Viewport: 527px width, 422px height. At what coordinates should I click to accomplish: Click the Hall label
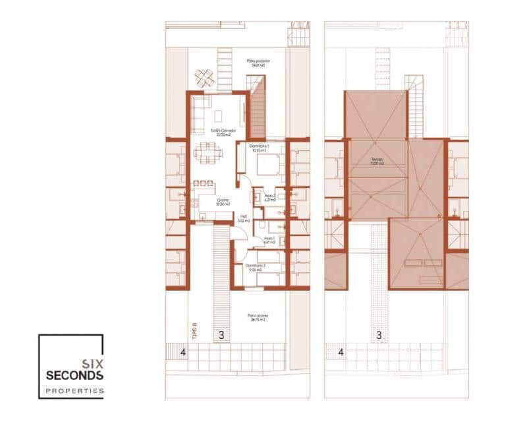click(x=243, y=217)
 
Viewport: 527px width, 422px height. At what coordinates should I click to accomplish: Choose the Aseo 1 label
click(x=268, y=240)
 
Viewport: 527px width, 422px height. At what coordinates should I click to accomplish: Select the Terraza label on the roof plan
click(x=377, y=162)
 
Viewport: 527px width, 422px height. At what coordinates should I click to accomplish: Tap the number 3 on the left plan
click(x=221, y=335)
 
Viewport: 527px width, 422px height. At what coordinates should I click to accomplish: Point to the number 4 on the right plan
click(x=341, y=353)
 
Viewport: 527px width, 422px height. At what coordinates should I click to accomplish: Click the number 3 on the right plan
click(x=379, y=335)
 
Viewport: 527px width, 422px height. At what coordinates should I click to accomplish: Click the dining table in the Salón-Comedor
click(x=208, y=154)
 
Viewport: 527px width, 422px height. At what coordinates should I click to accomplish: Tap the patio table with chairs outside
click(x=204, y=78)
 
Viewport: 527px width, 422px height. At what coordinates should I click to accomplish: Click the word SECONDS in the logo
click(x=74, y=375)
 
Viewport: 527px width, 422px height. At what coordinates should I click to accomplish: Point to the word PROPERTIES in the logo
click(x=74, y=391)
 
